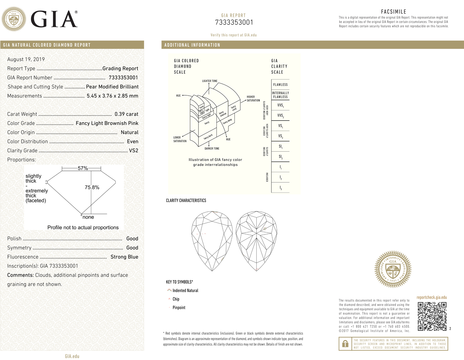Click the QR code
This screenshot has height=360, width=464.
click(x=432, y=316)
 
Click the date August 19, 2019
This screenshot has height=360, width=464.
click(x=26, y=59)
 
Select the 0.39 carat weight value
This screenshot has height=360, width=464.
click(x=126, y=114)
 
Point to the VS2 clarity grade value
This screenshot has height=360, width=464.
click(x=133, y=151)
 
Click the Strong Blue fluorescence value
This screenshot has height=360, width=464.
click(x=124, y=257)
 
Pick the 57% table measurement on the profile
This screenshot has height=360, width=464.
click(x=83, y=168)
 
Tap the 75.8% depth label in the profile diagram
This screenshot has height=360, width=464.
click(x=92, y=188)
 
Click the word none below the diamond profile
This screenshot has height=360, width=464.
click(x=88, y=217)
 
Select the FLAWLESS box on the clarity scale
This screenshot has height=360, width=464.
click(x=280, y=85)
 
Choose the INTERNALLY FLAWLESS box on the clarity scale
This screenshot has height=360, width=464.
click(x=280, y=95)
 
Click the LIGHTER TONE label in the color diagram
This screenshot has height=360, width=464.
click(x=210, y=81)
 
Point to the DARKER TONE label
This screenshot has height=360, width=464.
click(x=212, y=149)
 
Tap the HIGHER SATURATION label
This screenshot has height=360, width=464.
click(x=253, y=99)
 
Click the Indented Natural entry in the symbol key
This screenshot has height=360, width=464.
click(x=185, y=291)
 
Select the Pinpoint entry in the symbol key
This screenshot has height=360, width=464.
click(x=179, y=308)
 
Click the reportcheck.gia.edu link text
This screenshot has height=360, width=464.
click(x=432, y=297)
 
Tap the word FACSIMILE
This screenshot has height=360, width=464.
click(x=393, y=12)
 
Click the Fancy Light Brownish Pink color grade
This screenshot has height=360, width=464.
click(x=107, y=123)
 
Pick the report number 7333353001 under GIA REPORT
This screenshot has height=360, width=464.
click(x=234, y=23)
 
